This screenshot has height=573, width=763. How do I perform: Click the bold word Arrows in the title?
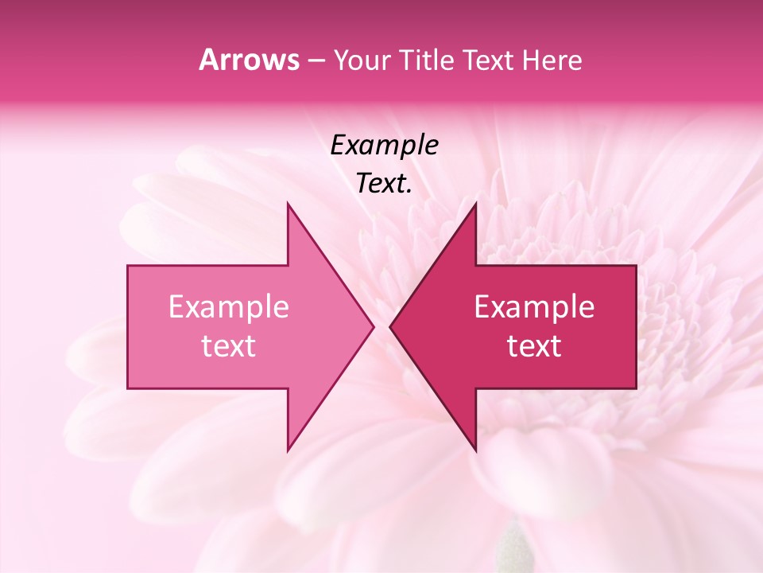[249, 60]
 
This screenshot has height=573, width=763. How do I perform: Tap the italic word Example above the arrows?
[384, 146]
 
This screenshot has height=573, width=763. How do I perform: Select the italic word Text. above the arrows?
[384, 184]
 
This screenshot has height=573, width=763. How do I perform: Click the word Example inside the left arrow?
[229, 307]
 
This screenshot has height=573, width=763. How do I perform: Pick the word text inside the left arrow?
[229, 346]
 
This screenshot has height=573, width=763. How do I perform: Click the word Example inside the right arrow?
[534, 307]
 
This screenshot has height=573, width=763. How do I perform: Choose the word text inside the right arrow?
[534, 346]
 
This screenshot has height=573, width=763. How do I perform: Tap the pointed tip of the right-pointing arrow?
[373, 326]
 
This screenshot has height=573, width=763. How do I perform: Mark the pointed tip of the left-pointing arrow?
[390, 326]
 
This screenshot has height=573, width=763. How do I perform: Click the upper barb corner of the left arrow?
[288, 204]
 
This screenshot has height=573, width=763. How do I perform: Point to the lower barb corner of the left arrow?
[288, 450]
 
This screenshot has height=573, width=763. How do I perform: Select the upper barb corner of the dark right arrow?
[475, 204]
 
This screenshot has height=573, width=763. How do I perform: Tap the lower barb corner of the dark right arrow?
[475, 450]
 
